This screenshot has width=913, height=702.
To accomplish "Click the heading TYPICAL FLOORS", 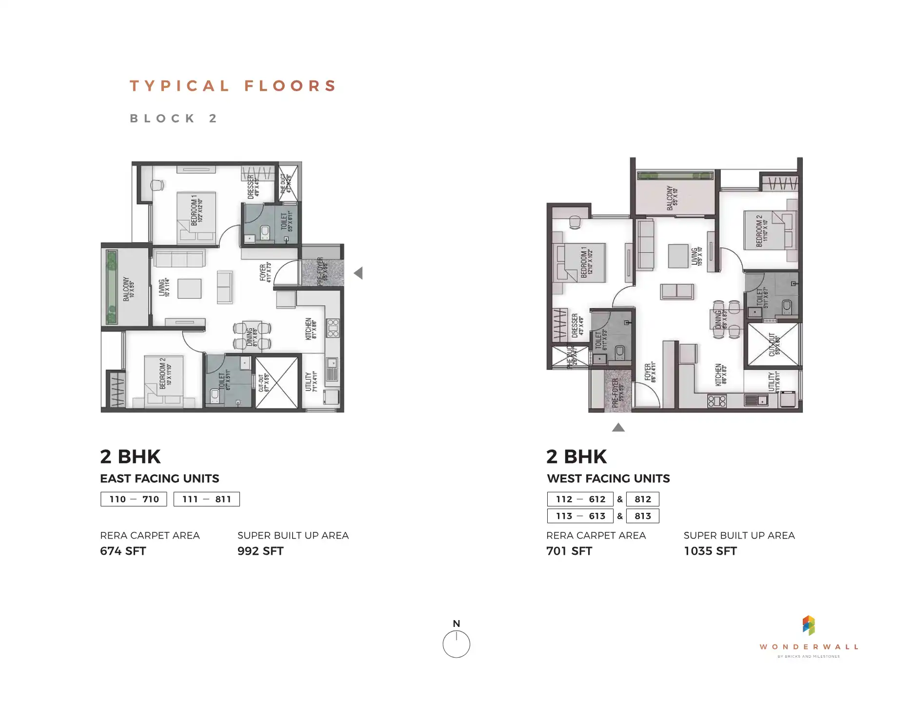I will (x=233, y=86).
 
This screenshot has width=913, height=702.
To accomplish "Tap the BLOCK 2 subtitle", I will (x=173, y=118).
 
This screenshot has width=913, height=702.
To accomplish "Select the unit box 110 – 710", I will (x=134, y=499).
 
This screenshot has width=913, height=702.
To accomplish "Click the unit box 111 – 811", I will (x=206, y=499).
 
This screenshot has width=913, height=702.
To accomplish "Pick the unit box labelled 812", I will (x=642, y=499).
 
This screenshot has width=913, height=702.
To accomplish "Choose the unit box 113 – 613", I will (x=580, y=516).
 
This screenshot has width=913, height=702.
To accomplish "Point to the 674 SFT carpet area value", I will (x=123, y=551).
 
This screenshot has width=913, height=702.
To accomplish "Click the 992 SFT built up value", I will (x=260, y=551).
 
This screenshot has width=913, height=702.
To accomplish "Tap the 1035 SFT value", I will (x=710, y=551).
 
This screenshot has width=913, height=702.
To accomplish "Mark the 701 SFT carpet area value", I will (x=569, y=551).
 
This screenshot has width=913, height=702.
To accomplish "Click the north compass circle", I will (x=456, y=644).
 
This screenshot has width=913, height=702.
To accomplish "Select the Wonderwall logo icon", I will (x=808, y=625).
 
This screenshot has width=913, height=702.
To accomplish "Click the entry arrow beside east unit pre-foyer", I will (x=358, y=273).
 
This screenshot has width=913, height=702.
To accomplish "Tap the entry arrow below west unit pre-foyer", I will (x=618, y=428).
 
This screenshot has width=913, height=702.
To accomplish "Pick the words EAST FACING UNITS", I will (x=159, y=479).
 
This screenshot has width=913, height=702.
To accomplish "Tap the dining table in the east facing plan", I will (x=251, y=335).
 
